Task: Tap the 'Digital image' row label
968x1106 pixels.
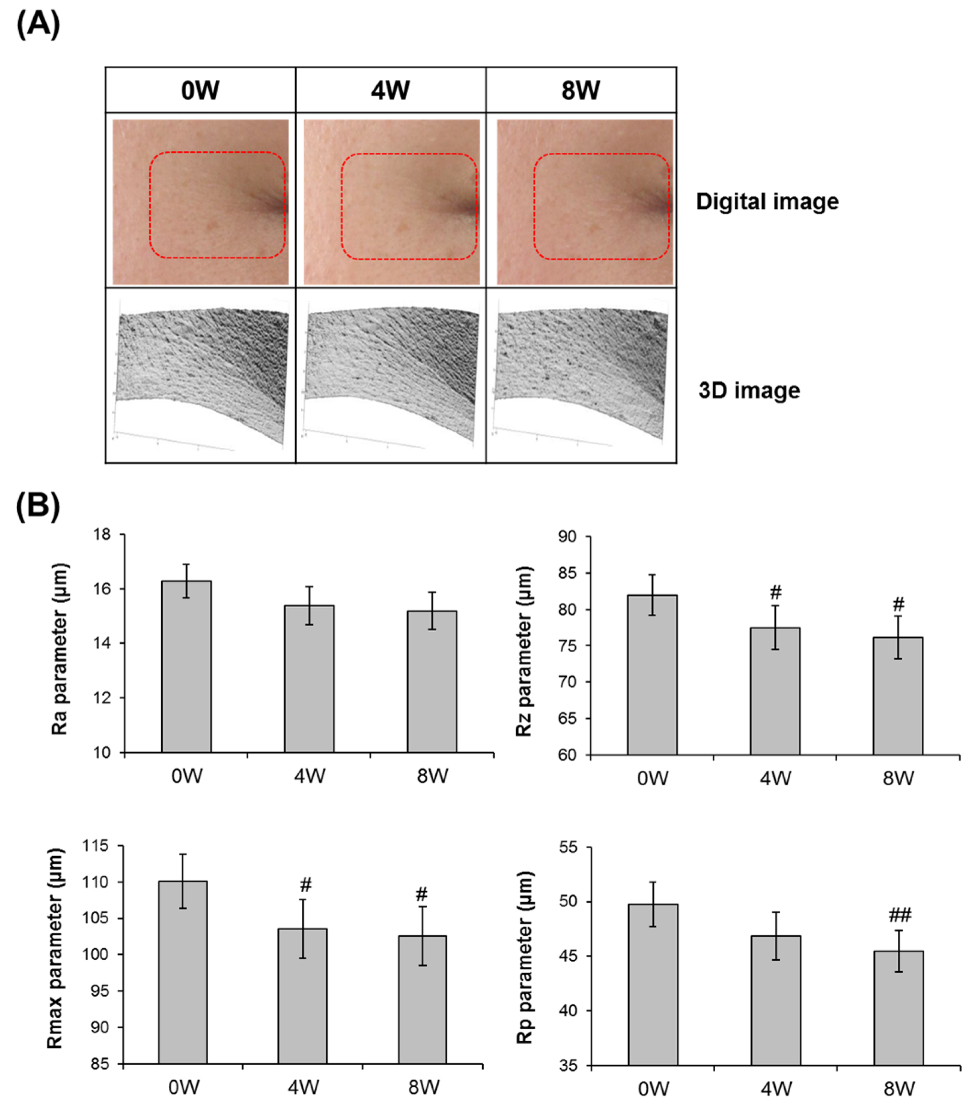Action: (x=767, y=202)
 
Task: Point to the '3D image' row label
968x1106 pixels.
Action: (x=749, y=390)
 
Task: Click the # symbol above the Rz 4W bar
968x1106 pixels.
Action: (x=775, y=593)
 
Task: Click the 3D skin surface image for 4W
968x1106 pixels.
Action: (x=391, y=376)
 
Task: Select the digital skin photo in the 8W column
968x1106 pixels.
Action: (x=585, y=202)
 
